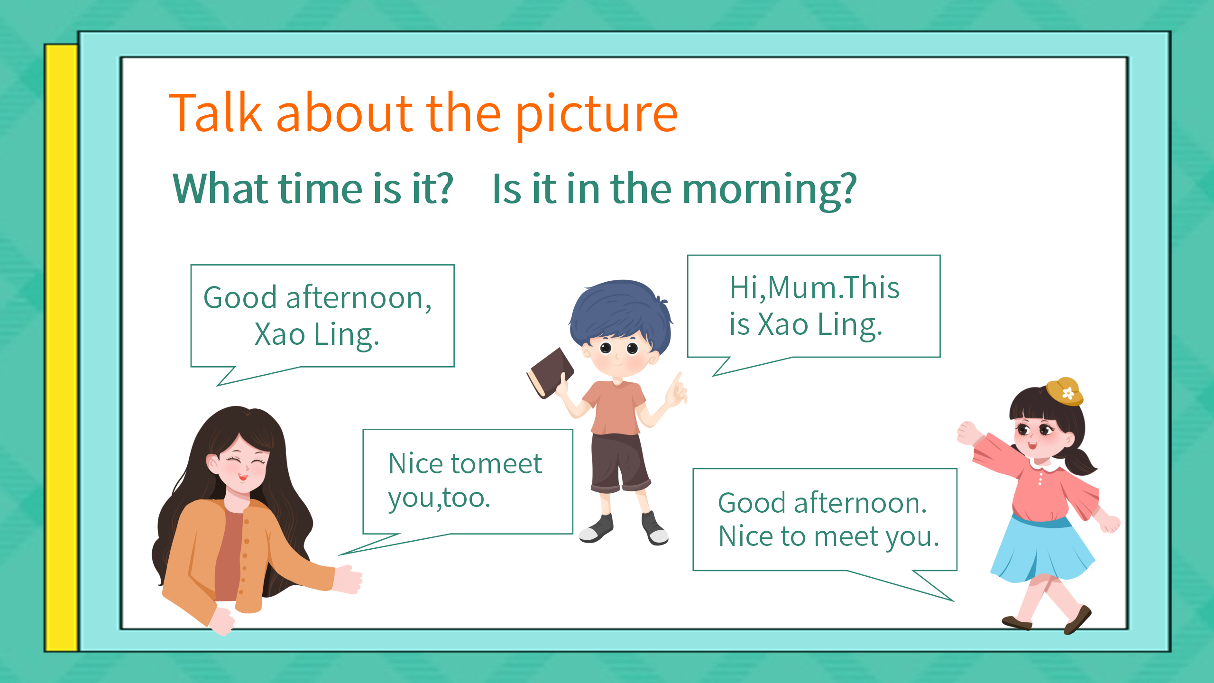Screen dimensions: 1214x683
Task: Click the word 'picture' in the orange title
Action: (597, 115)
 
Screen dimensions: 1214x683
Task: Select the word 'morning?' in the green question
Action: (769, 190)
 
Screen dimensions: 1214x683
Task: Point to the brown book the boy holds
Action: (550, 373)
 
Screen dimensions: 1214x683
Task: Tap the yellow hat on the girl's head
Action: (1065, 391)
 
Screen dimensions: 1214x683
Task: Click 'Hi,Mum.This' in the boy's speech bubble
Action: (814, 287)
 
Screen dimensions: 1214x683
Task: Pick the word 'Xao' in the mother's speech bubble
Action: (280, 334)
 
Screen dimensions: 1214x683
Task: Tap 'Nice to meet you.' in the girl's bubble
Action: (828, 537)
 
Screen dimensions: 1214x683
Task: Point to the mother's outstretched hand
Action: (348, 579)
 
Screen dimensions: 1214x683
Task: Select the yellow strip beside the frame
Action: (62, 348)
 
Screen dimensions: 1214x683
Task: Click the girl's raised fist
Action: (967, 433)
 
